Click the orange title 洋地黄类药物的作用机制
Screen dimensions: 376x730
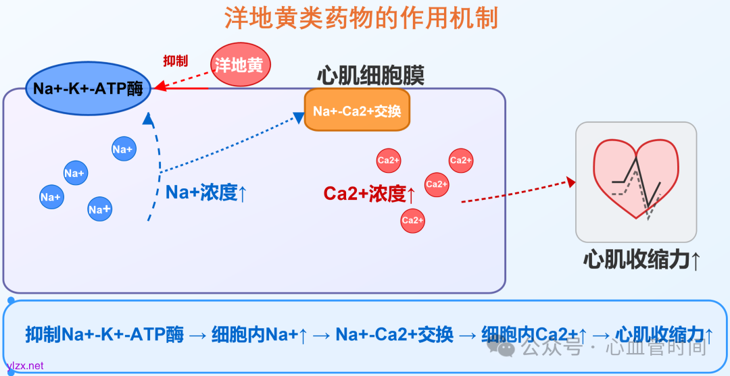tap(361, 18)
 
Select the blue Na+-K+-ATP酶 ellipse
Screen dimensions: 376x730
tap(88, 88)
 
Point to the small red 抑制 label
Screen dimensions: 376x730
tap(176, 61)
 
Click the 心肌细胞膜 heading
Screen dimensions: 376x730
tap(370, 75)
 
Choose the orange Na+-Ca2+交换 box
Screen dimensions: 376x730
tap(357, 110)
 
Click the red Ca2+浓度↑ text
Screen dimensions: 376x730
tap(369, 194)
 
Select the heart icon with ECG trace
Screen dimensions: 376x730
tap(635, 180)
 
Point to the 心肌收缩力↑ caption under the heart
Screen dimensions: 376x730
tap(641, 260)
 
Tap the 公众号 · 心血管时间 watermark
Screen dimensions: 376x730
tap(602, 348)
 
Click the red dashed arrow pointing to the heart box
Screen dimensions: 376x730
tap(517, 191)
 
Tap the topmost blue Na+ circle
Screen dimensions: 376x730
tap(123, 149)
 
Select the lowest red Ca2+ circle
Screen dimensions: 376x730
tap(412, 220)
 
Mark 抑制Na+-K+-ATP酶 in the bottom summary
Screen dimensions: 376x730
tap(105, 334)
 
